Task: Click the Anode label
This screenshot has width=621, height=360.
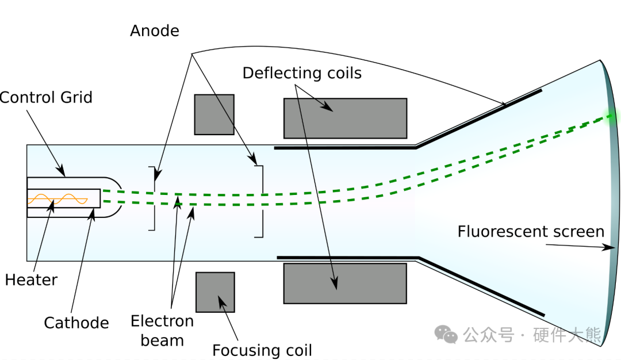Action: pyautogui.click(x=154, y=30)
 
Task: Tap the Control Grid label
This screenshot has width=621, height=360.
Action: pyautogui.click(x=46, y=97)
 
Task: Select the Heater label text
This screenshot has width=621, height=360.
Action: pyautogui.click(x=31, y=280)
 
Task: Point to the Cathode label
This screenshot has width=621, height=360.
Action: pyautogui.click(x=76, y=323)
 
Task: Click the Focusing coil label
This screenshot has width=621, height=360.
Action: pyautogui.click(x=262, y=350)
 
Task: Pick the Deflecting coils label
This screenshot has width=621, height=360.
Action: pyautogui.click(x=302, y=73)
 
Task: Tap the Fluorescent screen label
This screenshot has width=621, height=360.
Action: pyautogui.click(x=531, y=232)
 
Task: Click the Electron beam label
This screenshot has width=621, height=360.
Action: pyautogui.click(x=162, y=330)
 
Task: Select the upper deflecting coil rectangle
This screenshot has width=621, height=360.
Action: pyautogui.click(x=345, y=118)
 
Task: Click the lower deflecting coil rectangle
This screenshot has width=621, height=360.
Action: pyautogui.click(x=345, y=283)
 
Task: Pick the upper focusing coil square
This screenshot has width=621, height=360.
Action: pyautogui.click(x=214, y=114)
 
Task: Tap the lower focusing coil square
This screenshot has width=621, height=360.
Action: pyautogui.click(x=215, y=292)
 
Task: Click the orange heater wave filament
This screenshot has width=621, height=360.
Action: pyautogui.click(x=57, y=199)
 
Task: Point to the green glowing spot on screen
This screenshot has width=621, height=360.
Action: pyautogui.click(x=612, y=117)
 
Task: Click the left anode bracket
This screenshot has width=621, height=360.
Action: pyautogui.click(x=153, y=198)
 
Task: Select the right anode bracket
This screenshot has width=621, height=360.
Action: pyautogui.click(x=260, y=201)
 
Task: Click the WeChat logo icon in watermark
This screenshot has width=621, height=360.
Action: pyautogui.click(x=446, y=334)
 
